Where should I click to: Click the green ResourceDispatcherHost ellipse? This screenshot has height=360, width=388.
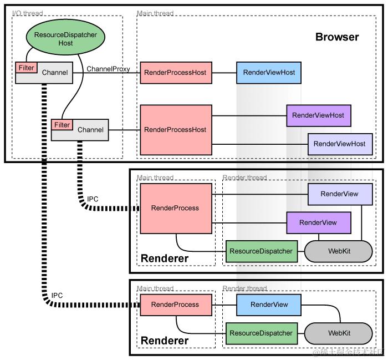pyautogui.click(x=65, y=39)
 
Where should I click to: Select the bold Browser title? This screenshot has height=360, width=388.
pyautogui.click(x=337, y=37)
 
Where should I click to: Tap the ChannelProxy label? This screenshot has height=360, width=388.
pyautogui.click(x=109, y=69)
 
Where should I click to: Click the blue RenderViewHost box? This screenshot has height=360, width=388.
pyautogui.click(x=269, y=72)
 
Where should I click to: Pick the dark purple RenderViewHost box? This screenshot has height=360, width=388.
pyautogui.click(x=318, y=115)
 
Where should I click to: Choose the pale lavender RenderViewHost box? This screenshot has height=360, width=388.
pyautogui.click(x=339, y=144)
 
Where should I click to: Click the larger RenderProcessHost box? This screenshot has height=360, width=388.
pyautogui.click(x=175, y=130)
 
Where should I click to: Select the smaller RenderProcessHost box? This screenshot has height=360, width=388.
pyautogui.click(x=175, y=72)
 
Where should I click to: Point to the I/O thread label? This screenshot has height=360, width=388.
pyautogui.click(x=28, y=13)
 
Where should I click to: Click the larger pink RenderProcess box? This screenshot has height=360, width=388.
pyautogui.click(x=175, y=208)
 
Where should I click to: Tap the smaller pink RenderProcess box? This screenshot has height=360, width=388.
pyautogui.click(x=175, y=305)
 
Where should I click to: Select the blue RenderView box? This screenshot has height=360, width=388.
pyautogui.click(x=269, y=305)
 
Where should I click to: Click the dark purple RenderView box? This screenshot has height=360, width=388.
pyautogui.click(x=318, y=222)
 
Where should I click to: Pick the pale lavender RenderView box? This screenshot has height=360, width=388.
pyautogui.click(x=340, y=194)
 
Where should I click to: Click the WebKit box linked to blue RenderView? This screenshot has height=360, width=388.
pyautogui.click(x=339, y=333)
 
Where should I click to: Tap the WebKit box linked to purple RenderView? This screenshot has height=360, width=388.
pyautogui.click(x=339, y=251)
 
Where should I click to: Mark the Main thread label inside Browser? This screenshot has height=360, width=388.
pyautogui.click(x=155, y=13)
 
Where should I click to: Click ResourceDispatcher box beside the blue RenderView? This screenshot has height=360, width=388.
pyautogui.click(x=261, y=333)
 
